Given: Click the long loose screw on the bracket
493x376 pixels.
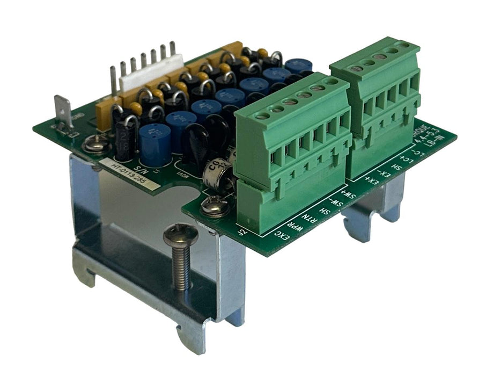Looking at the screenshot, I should coord(181,254).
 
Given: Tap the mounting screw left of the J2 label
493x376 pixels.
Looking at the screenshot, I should coord(215,205).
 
